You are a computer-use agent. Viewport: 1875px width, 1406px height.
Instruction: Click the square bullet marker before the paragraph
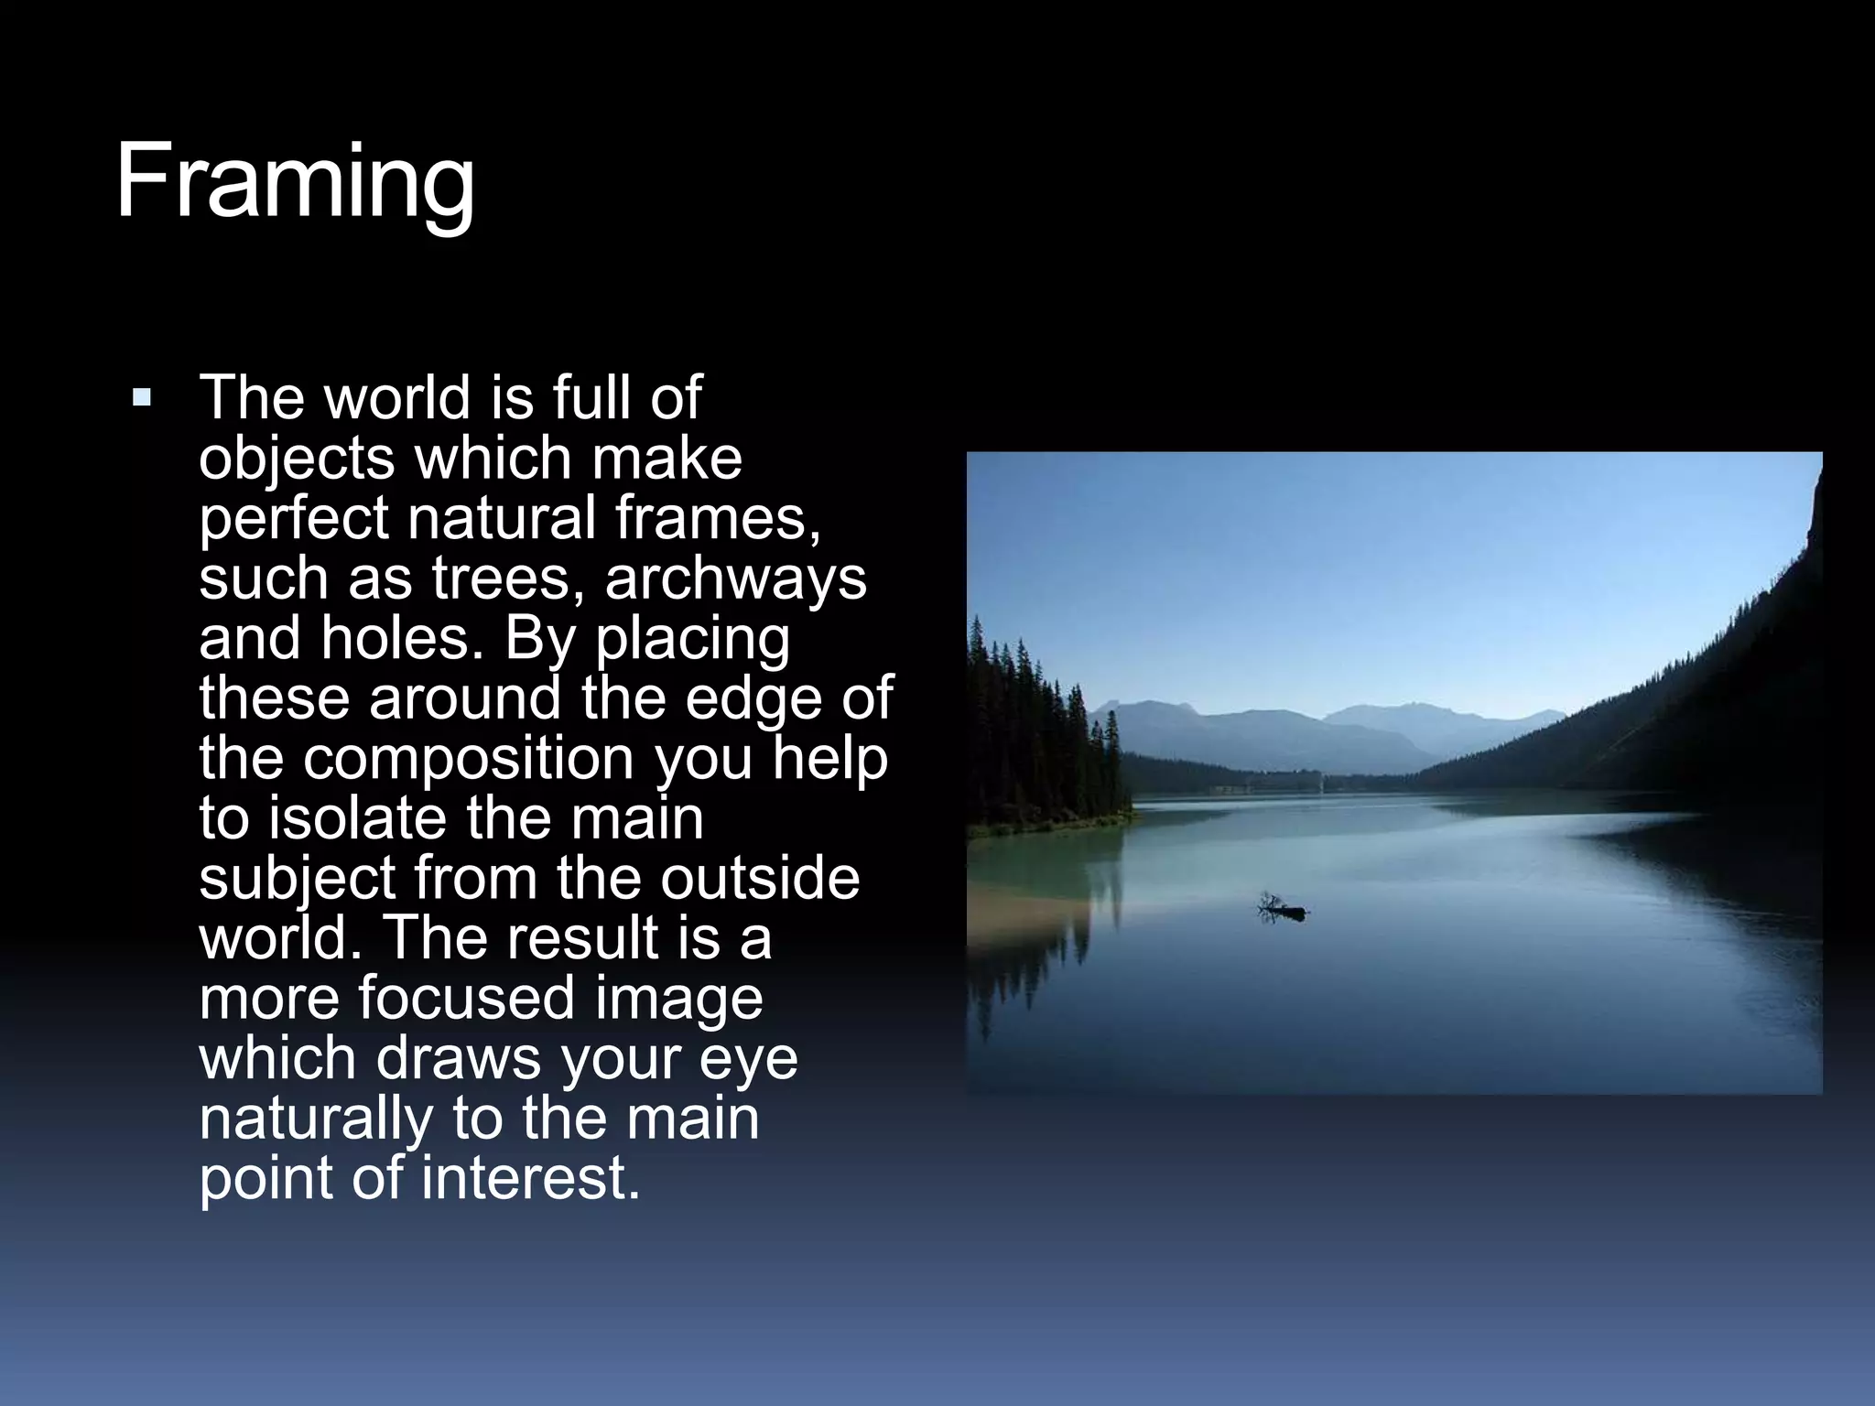pyautogui.click(x=142, y=398)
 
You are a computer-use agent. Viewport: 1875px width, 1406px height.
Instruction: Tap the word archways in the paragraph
pyautogui.click(x=735, y=579)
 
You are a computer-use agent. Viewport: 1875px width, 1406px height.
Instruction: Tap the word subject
pyautogui.click(x=298, y=879)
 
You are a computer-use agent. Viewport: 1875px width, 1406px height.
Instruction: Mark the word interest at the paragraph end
pyautogui.click(x=531, y=1178)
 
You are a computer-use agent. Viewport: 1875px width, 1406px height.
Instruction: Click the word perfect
pyautogui.click(x=294, y=519)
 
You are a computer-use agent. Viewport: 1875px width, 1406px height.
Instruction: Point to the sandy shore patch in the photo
pyautogui.click(x=1016, y=915)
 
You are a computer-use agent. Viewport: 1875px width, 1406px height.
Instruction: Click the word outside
pyautogui.click(x=759, y=878)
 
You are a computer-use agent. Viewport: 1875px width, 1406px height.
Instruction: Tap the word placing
pyautogui.click(x=692, y=640)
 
